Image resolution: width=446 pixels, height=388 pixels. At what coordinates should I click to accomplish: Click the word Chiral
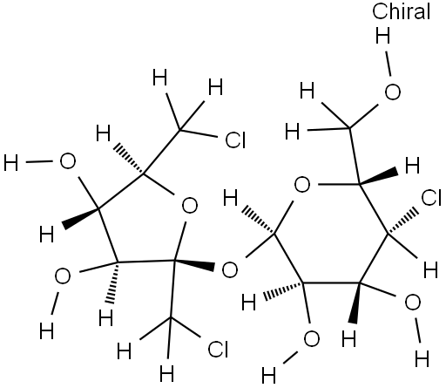[401, 11]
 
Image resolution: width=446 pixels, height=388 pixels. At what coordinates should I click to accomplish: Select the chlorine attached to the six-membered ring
[431, 198]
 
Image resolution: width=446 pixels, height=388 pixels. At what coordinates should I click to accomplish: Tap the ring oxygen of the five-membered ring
[190, 206]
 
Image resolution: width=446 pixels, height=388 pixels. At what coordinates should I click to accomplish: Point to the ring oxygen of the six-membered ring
[302, 185]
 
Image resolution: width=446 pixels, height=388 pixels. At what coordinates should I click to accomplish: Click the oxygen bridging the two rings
[230, 269]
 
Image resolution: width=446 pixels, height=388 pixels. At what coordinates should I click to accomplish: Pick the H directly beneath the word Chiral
[382, 36]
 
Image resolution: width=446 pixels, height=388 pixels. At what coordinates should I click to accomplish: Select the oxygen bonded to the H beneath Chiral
[393, 92]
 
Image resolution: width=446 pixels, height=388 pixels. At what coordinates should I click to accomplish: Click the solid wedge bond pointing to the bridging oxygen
[194, 264]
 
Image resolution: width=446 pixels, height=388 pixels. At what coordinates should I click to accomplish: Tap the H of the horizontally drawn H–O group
[11, 163]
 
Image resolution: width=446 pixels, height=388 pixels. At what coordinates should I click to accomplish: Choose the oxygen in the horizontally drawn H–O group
[68, 161]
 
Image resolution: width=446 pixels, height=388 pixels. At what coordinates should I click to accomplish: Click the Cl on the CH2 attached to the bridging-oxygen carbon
[218, 349]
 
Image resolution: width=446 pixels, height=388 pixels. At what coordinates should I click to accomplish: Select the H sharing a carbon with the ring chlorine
[430, 270]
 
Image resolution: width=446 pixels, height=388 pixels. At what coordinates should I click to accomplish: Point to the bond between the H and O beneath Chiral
[388, 64]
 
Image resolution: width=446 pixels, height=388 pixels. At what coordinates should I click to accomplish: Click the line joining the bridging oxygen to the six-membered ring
[260, 245]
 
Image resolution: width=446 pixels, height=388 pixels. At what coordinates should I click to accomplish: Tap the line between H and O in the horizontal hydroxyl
[39, 162]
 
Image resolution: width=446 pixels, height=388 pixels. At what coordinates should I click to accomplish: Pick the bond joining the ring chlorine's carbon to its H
[402, 246]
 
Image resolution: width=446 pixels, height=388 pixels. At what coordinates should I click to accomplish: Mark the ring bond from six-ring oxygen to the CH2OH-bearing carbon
[339, 184]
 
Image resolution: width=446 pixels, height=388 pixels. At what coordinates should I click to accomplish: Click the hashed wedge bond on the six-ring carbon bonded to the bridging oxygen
[258, 220]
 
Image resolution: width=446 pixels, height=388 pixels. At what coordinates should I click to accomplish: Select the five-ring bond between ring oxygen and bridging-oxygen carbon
[180, 241]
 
